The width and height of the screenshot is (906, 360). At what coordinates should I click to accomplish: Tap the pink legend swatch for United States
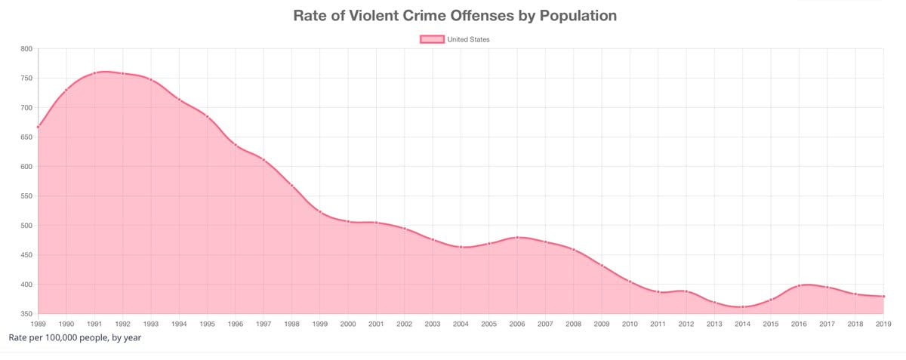432,39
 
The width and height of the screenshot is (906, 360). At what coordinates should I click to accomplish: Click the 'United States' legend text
469,39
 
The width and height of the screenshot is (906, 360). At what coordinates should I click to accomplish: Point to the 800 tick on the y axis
26,49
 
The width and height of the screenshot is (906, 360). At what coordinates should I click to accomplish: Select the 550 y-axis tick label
26,196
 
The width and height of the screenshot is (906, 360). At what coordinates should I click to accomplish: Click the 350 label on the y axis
26,314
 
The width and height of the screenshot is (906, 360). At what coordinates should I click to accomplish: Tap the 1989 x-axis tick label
38,324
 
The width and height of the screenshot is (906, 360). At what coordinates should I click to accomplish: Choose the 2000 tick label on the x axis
348,324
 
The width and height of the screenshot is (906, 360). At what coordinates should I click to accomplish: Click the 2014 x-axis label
742,324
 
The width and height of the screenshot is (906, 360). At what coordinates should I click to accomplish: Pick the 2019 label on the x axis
883,324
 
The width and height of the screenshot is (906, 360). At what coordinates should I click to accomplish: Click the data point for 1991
94,73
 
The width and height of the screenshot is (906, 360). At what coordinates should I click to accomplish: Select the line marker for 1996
236,145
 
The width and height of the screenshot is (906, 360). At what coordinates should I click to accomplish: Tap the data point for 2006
517,237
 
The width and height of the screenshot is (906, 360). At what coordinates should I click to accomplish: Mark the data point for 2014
742,307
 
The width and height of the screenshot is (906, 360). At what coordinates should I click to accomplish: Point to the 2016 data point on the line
799,286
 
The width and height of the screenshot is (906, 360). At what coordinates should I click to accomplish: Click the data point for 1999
320,211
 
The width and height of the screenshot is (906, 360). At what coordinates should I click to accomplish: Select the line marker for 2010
630,281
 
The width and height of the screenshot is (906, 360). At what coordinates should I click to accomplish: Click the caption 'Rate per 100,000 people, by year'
75,337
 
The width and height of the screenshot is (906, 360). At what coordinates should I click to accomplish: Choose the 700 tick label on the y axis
26,108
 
